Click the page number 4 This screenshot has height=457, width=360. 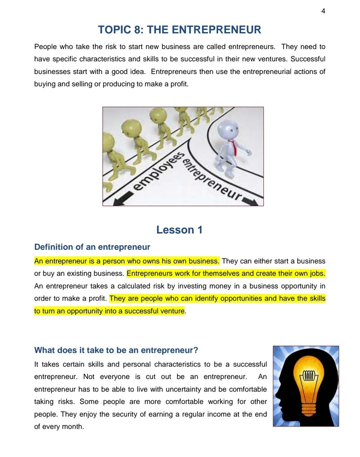[323, 11]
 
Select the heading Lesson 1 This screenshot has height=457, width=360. [179, 230]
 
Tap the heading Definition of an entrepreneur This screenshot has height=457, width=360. [92, 247]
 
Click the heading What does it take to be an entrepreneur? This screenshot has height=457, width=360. [116, 350]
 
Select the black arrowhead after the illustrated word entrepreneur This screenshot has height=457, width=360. [252, 202]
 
